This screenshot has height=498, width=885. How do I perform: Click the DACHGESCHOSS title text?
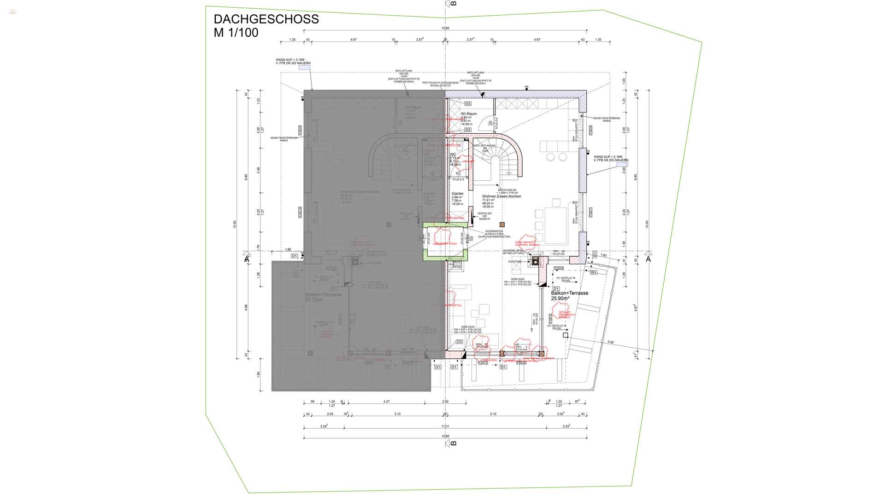266,19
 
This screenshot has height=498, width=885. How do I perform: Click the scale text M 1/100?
236,33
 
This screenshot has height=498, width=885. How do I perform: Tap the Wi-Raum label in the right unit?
469,114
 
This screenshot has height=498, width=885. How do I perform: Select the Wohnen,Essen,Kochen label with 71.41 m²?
501,196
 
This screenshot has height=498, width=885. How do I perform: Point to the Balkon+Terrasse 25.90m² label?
569,296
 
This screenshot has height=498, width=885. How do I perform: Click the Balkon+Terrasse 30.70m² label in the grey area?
323,297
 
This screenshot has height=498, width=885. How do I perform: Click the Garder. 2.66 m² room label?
457,194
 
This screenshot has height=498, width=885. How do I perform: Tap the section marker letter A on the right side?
648,260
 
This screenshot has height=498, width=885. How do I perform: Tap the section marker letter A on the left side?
247,260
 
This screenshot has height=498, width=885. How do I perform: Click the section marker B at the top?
453,4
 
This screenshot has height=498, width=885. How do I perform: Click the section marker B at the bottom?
453,443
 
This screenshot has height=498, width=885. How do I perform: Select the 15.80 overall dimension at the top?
445,28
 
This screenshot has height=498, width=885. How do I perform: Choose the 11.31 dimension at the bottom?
445,427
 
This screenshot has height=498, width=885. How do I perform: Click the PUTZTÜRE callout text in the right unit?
515,262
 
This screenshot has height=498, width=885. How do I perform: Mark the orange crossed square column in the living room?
502,225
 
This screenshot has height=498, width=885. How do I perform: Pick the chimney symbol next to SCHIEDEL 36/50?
535,262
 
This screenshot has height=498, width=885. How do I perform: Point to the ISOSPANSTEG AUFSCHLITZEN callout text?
494,234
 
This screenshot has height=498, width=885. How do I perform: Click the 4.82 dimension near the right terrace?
610,342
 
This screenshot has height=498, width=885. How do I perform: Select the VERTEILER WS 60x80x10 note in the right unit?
484,216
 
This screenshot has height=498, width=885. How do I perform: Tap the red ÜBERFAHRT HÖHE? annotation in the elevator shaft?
445,244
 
